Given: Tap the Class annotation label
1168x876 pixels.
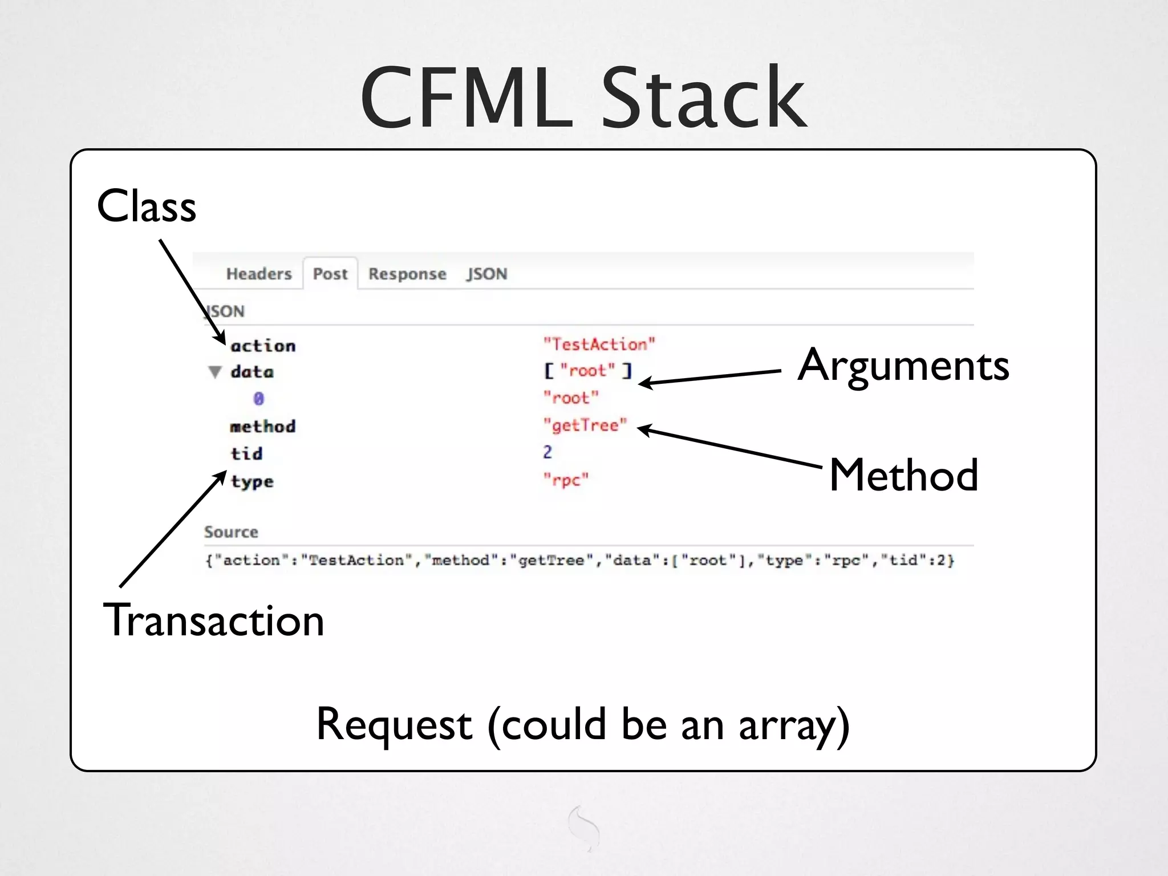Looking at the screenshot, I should pos(147,206).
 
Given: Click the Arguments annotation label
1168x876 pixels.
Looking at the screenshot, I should pos(903,365).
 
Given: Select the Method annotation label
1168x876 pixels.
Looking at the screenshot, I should pos(903,474).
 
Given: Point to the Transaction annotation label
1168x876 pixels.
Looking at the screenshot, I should pos(213,620).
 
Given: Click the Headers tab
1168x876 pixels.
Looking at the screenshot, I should pos(259,274).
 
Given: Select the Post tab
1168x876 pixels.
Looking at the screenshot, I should pos(330,274).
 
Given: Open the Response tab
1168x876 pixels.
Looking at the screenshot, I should pos(407,274).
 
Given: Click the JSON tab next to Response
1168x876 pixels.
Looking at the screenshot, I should pos(486,274).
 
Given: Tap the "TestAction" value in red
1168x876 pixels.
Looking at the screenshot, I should pos(599,344).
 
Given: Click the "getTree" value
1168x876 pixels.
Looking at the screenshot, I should pos(585,425).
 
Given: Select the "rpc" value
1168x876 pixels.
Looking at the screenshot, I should pos(565,480).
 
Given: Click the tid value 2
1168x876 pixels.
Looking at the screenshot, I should pos(547,452).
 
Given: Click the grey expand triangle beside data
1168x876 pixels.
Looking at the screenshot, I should pos(215,372).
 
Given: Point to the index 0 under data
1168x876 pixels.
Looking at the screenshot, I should pos(258,399).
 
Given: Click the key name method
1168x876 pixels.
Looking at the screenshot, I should pos(262,427).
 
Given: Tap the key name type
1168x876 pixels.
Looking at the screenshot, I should pos(252,482).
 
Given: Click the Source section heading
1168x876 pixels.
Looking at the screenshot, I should pos(231,532).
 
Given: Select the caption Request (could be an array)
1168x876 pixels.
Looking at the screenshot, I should pos(583,724).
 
